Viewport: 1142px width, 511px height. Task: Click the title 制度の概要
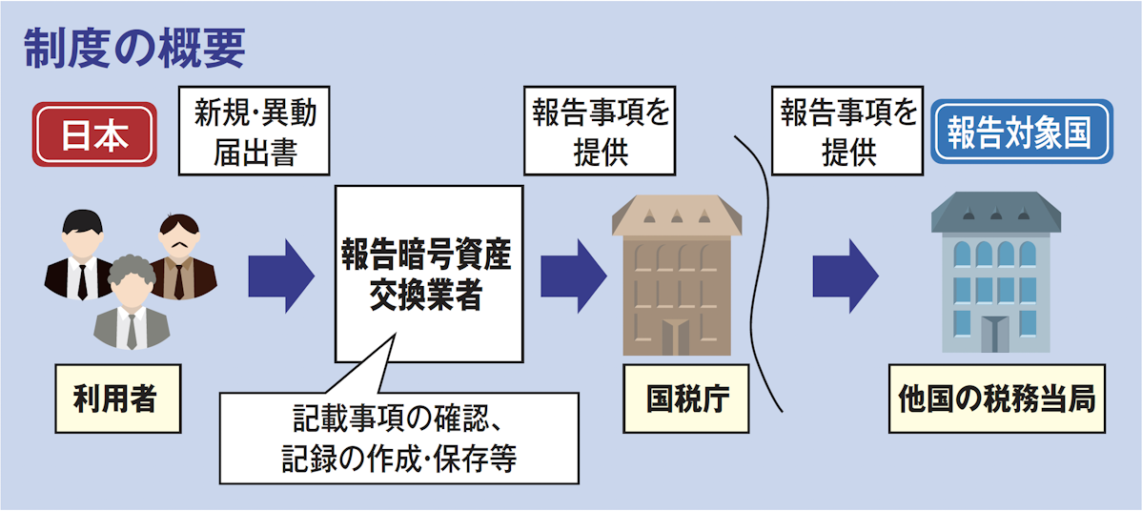134,47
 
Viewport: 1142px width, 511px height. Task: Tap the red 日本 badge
95,135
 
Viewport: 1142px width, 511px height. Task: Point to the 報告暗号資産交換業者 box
428,274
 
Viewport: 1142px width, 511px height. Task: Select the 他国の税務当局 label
996,399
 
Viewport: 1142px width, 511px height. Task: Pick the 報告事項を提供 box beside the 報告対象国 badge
847,132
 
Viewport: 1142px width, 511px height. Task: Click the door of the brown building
678,336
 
